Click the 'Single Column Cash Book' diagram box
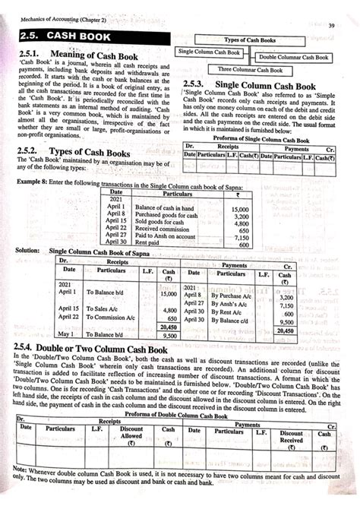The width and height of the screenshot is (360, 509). pos(208,52)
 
